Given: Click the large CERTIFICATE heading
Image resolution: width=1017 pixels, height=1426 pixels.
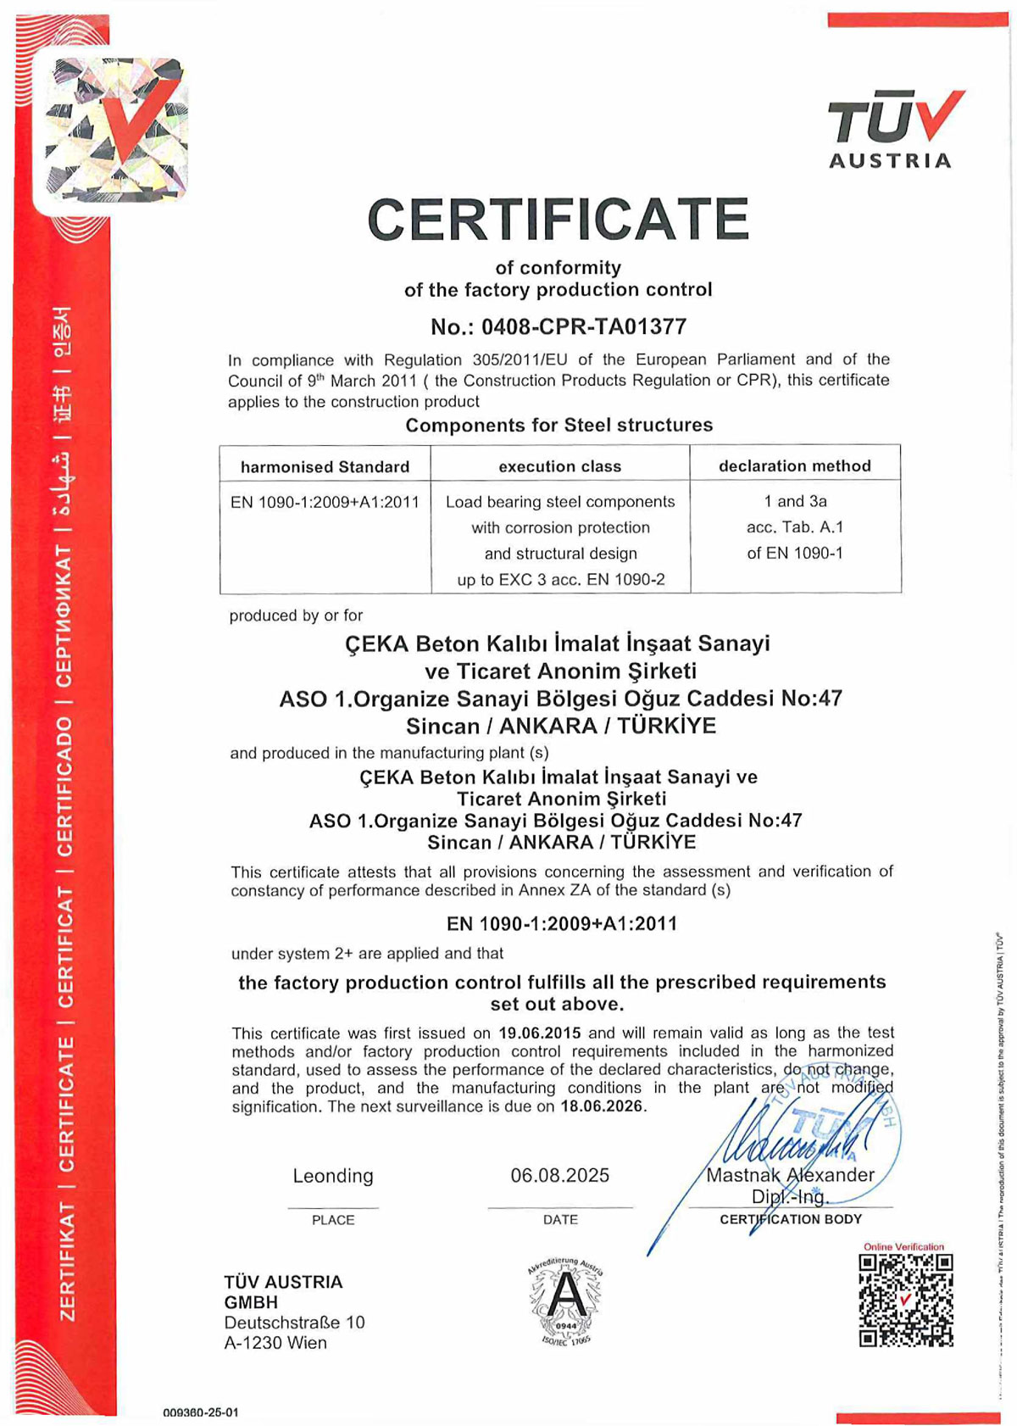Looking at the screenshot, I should click(x=559, y=220).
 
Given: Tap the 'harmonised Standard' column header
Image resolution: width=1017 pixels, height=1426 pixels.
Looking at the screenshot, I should click(x=325, y=466).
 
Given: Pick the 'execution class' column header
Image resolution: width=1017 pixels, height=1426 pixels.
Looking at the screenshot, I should click(x=559, y=466).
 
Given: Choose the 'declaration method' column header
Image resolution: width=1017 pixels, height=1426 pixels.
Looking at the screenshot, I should click(x=794, y=465).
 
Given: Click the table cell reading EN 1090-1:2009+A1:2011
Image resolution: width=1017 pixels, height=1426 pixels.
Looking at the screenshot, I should click(x=325, y=502).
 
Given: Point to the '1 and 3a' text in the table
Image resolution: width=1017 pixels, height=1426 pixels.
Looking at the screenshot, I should click(x=795, y=501).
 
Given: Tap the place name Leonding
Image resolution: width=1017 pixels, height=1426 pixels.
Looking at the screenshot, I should click(x=333, y=1176).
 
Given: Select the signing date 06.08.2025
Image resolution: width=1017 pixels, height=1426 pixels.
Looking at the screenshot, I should click(x=559, y=1175).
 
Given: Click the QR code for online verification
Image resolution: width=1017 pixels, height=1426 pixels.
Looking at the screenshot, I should click(x=906, y=1301).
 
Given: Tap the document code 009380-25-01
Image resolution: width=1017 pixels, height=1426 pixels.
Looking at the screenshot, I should click(x=201, y=1412).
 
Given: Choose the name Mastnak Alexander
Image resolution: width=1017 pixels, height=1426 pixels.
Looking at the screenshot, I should click(x=790, y=1175).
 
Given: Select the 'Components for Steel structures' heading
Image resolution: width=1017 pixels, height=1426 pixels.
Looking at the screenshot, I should click(x=559, y=425).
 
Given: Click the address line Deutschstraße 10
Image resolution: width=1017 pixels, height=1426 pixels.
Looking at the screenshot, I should click(x=294, y=1323).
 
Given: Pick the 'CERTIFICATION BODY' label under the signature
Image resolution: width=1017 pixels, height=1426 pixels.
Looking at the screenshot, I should click(x=790, y=1219).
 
